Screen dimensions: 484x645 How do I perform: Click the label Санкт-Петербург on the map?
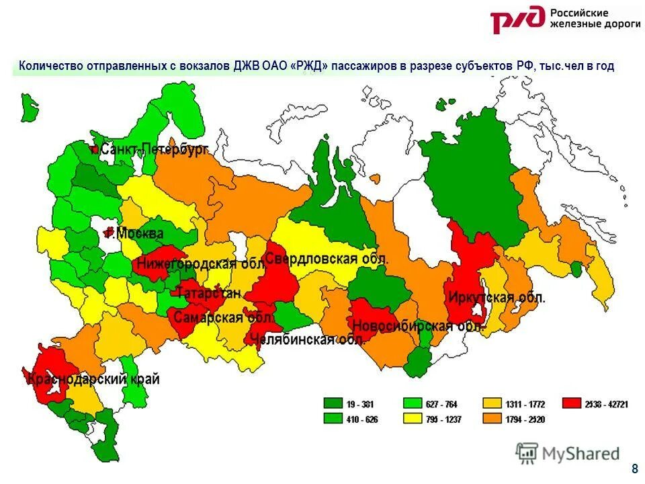[x=154, y=150]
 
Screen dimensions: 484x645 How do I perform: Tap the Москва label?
[x=139, y=234]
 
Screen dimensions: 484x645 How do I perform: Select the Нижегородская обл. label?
[x=187, y=264]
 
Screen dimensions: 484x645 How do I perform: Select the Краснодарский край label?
[x=93, y=379]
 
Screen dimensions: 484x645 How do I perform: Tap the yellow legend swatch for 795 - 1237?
[x=413, y=419]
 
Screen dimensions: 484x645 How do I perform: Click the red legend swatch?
[x=572, y=404]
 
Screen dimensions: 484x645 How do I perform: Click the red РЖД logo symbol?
[x=517, y=20]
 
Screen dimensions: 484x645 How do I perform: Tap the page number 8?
[x=634, y=469]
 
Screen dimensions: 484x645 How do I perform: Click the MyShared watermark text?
[x=581, y=454]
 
